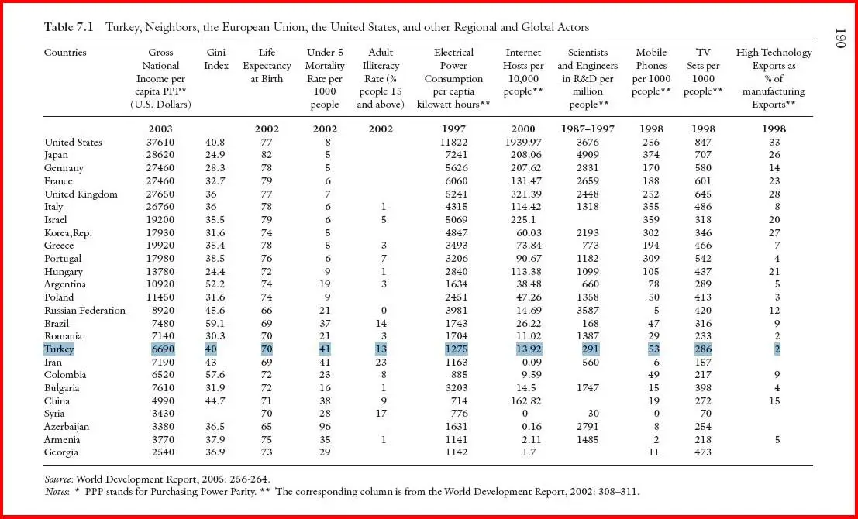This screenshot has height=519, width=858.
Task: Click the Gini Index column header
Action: [216, 59]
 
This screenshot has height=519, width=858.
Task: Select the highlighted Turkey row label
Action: [59, 349]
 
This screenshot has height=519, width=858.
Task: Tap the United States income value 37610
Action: [160, 143]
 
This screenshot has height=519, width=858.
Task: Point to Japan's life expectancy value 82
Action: [267, 155]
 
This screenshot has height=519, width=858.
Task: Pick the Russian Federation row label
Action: [84, 310]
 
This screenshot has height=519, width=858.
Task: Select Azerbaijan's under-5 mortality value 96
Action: [325, 427]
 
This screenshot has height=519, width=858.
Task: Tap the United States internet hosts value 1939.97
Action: [522, 143]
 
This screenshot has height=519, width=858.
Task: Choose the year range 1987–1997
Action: [588, 129]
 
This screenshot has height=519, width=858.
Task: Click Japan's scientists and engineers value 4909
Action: [588, 155]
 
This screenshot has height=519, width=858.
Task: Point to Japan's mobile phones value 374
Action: [651, 155]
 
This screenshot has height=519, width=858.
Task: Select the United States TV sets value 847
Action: [703, 143]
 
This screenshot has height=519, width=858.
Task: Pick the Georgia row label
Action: [61, 452]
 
